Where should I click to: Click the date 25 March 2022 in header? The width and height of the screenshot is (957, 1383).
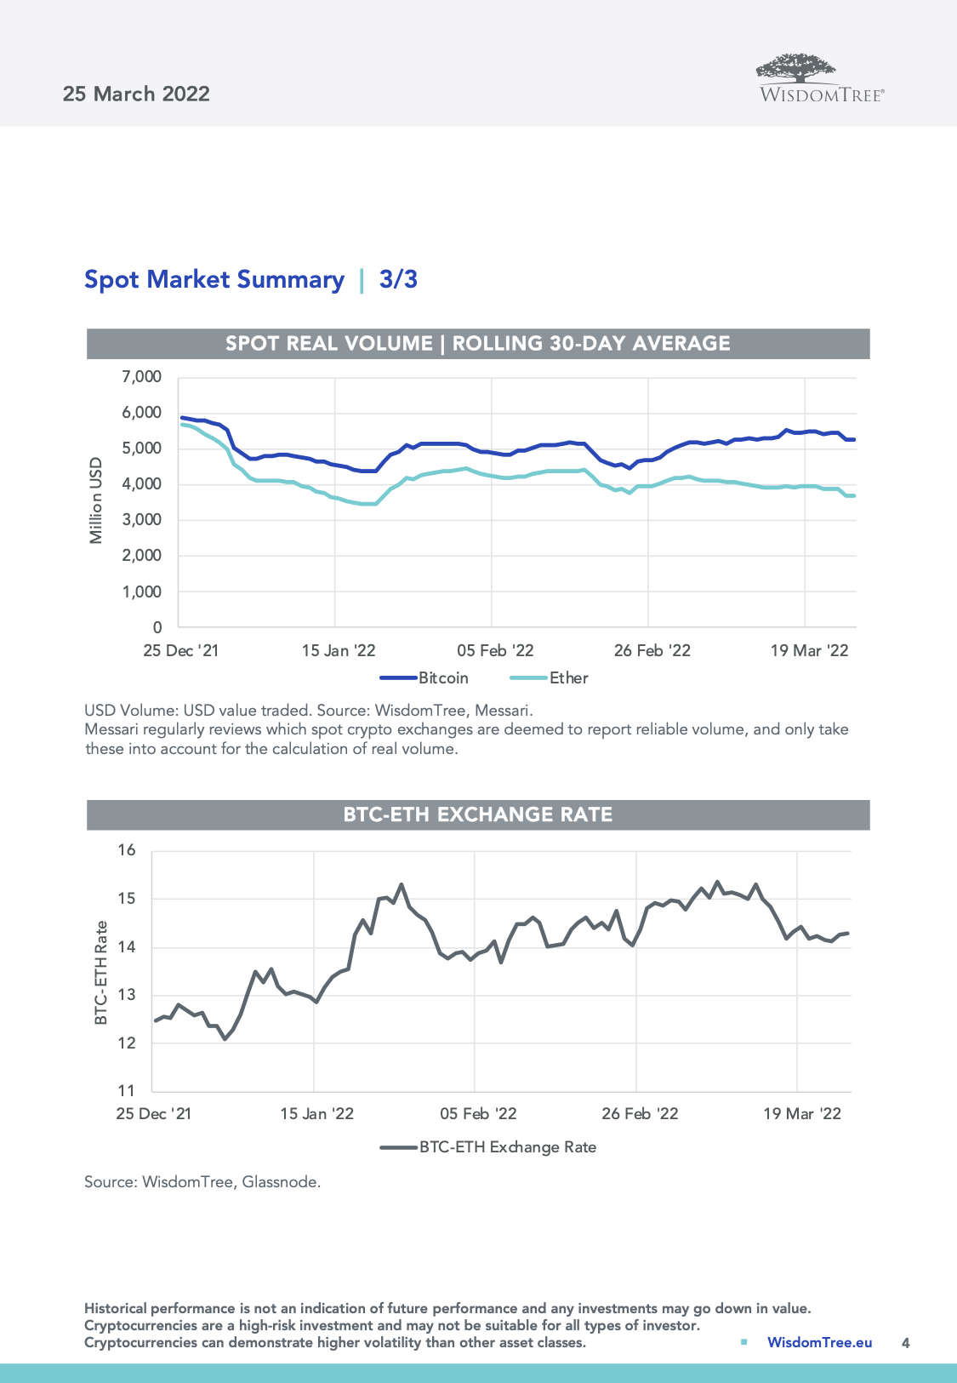(x=136, y=94)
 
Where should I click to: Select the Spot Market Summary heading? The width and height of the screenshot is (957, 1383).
(x=214, y=279)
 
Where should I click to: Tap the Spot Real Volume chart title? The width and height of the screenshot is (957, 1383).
(x=478, y=344)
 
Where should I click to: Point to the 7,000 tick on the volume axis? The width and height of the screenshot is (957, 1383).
(x=141, y=376)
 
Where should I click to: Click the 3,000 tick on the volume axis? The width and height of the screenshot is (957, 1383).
(x=141, y=519)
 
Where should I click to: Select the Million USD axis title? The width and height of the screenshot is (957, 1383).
(x=96, y=500)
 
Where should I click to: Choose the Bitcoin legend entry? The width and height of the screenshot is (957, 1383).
(x=442, y=678)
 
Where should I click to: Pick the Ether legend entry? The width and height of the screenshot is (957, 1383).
(x=568, y=678)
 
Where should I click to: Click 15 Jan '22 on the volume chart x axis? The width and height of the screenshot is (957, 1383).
(x=339, y=651)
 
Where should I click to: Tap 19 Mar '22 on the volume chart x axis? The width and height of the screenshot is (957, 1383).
(x=809, y=651)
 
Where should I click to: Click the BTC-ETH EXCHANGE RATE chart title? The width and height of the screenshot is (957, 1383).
(x=478, y=814)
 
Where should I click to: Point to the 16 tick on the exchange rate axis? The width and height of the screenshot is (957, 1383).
(x=127, y=850)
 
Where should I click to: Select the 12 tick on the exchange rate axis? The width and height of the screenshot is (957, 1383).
(x=127, y=1043)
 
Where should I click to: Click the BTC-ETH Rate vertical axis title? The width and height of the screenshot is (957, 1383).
(x=101, y=972)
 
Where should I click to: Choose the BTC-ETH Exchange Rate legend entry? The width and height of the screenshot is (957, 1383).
(x=507, y=1147)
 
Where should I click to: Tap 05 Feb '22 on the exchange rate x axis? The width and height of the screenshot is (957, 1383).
(x=478, y=1114)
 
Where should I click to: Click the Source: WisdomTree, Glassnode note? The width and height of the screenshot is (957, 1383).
(x=202, y=1182)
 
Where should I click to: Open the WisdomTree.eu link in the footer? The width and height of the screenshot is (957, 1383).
(x=819, y=1342)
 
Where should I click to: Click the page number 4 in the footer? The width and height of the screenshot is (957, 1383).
(x=905, y=1343)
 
